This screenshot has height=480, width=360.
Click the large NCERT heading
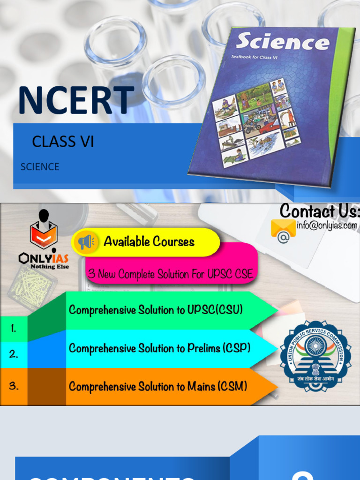[75, 100]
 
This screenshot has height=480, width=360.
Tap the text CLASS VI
[63, 142]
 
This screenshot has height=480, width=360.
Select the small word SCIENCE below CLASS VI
[40, 167]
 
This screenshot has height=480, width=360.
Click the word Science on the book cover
[282, 42]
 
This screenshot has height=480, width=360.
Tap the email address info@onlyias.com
[327, 225]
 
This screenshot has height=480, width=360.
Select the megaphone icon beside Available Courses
[86, 242]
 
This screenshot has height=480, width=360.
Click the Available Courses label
[149, 242]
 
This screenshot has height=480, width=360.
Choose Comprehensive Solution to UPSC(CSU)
[156, 310]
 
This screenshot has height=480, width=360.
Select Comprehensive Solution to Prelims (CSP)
[159, 348]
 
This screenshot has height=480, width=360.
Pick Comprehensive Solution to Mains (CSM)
[158, 386]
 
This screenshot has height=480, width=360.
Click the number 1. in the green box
[14, 329]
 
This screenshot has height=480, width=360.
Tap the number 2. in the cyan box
[14, 354]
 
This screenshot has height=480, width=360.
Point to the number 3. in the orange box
[14, 386]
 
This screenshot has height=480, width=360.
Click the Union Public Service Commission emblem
[315, 356]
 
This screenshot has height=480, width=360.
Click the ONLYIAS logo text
[44, 258]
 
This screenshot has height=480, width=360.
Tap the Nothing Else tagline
[50, 267]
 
